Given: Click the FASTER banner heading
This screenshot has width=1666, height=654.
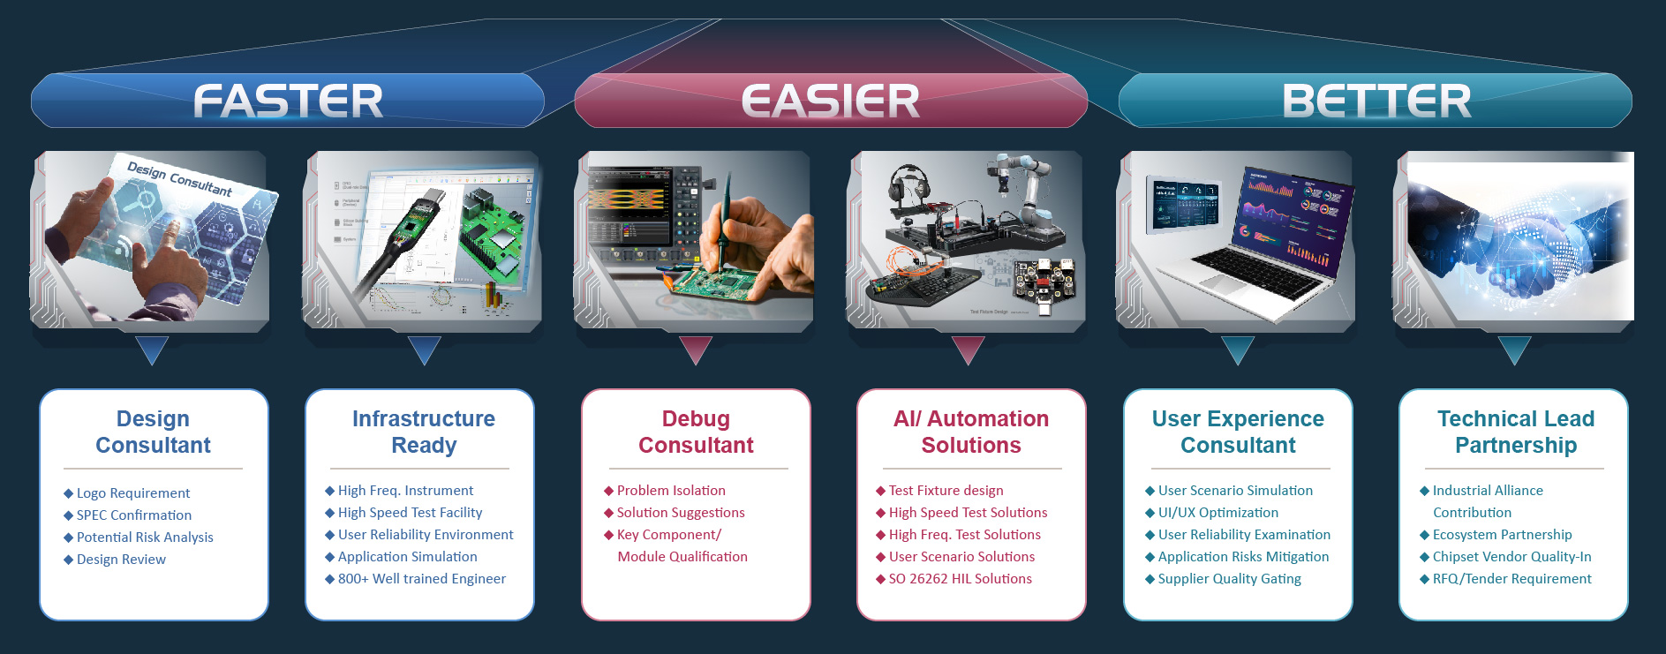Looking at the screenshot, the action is [288, 101].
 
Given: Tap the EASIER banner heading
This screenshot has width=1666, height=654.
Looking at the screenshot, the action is [831, 101].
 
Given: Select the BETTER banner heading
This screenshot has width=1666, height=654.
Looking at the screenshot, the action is [1376, 101].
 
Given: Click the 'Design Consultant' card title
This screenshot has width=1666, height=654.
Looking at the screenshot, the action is [154, 432].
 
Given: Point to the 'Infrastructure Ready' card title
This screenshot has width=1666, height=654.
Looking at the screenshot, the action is [424, 432].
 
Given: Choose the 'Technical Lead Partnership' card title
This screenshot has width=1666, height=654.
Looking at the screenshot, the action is [1516, 432].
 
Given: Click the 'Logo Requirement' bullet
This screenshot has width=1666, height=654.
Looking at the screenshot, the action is [132, 493].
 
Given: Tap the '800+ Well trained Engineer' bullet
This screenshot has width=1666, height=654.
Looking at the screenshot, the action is [422, 579].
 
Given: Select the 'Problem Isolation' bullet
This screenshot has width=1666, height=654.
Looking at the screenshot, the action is [671, 491].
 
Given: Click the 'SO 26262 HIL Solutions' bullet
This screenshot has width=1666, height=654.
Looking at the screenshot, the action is [960, 579].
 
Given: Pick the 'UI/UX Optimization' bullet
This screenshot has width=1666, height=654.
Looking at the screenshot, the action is [1217, 513].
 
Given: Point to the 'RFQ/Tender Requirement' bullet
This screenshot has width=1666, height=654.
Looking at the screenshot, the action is [1511, 579].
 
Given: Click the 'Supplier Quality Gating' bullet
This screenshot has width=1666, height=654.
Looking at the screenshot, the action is [1229, 579].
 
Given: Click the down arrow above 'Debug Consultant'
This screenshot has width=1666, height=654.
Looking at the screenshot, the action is [696, 350].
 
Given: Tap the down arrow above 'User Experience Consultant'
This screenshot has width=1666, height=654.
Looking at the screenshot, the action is [1238, 350].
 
